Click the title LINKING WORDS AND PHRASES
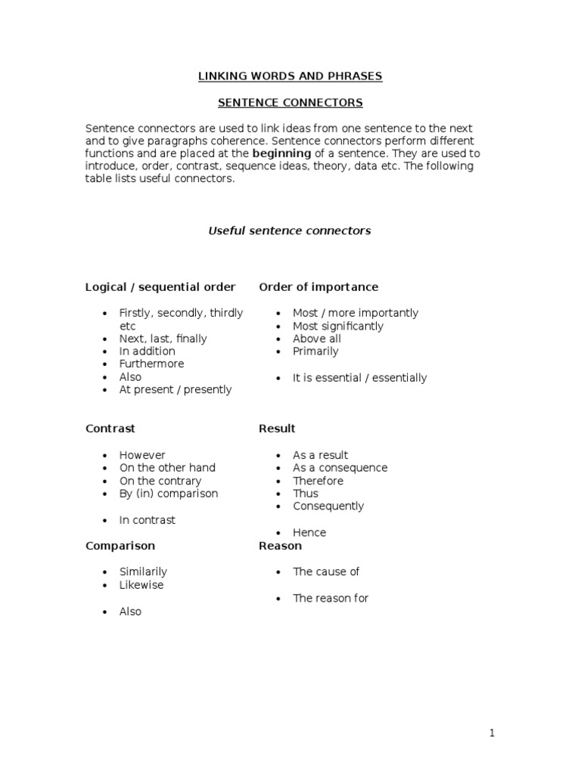pyautogui.click(x=290, y=76)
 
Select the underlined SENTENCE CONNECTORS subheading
pyautogui.click(x=290, y=102)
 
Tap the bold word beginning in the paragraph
pyautogui.click(x=281, y=153)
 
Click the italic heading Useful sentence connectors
pyautogui.click(x=290, y=231)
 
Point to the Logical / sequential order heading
pyautogui.click(x=160, y=287)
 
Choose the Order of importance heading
pyautogui.click(x=318, y=287)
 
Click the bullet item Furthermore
pyautogui.click(x=151, y=364)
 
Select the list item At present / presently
pyautogui.click(x=176, y=389)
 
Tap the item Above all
pyautogui.click(x=317, y=339)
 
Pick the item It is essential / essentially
pyautogui.click(x=359, y=377)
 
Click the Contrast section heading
pyautogui.click(x=110, y=429)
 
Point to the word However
pyautogui.click(x=142, y=455)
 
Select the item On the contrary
pyautogui.click(x=160, y=481)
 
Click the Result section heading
pyautogui.click(x=277, y=429)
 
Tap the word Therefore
pyautogui.click(x=318, y=481)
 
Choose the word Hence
pyautogui.click(x=309, y=532)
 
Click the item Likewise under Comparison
pyautogui.click(x=141, y=584)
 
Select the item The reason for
pyautogui.click(x=331, y=598)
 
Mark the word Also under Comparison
pyautogui.click(x=130, y=611)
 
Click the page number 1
pyautogui.click(x=492, y=732)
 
